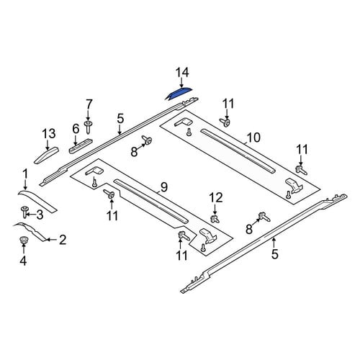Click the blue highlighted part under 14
point(179,93)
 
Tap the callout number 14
point(182,73)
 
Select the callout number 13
point(49,134)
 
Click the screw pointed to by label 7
point(89,127)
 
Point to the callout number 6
point(76,129)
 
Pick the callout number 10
point(253,138)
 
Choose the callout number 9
point(164,187)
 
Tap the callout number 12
point(216,198)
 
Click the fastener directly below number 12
point(215,219)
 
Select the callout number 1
point(25,174)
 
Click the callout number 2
point(63,240)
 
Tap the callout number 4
point(23,261)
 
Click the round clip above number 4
point(23,240)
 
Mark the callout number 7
point(89,104)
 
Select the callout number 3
point(40,215)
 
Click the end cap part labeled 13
point(47,155)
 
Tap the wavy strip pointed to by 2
point(30,230)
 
